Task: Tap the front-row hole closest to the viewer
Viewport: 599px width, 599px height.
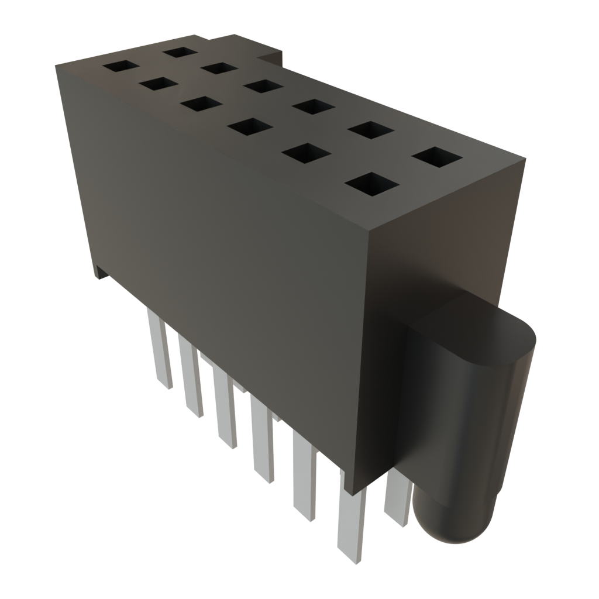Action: [x=369, y=184]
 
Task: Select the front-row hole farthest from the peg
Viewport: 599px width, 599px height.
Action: [x=121, y=67]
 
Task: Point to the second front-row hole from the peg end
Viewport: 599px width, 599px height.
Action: [x=304, y=153]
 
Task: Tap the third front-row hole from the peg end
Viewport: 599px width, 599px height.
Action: [x=248, y=127]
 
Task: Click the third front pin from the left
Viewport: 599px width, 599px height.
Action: [x=225, y=409]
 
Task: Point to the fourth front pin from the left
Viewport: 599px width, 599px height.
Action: [x=263, y=439]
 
